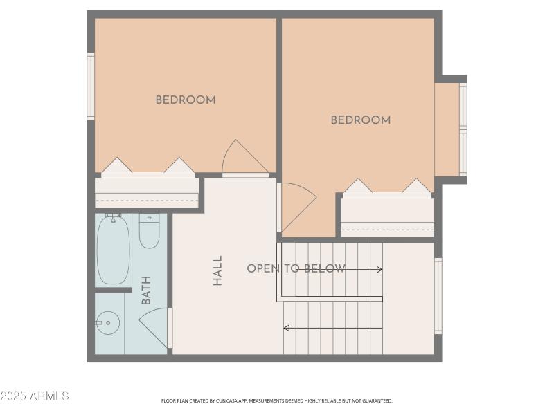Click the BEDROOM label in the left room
click(185, 100)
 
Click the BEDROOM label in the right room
click(360, 120)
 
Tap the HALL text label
click(217, 270)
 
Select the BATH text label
click(146, 290)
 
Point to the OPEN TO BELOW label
click(296, 268)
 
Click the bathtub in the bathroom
click(113, 249)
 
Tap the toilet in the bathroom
click(149, 231)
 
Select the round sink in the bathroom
click(107, 323)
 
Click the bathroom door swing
click(155, 326)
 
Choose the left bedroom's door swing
click(242, 159)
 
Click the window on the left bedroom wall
click(90, 86)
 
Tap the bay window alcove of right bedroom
click(449, 129)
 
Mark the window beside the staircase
click(438, 296)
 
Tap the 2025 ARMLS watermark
click(35, 396)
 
